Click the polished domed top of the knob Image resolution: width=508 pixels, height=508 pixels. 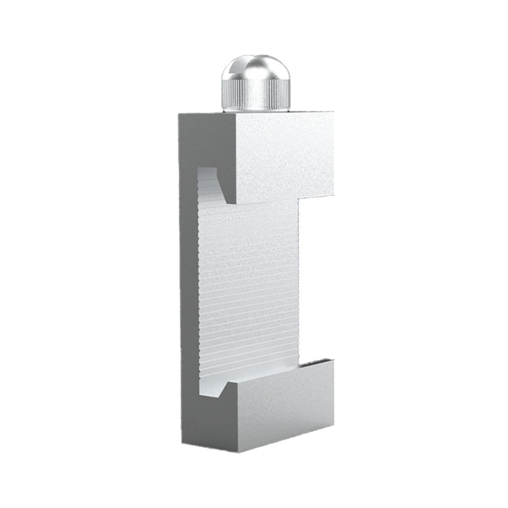[x=253, y=69]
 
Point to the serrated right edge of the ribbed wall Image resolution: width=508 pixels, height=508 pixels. [x=298, y=283]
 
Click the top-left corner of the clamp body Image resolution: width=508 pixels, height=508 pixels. [x=180, y=114]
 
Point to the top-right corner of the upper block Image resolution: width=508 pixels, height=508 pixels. [x=333, y=113]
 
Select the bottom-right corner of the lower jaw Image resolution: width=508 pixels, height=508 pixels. [x=333, y=425]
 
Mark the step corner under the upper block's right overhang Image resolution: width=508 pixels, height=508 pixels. [x=299, y=198]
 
